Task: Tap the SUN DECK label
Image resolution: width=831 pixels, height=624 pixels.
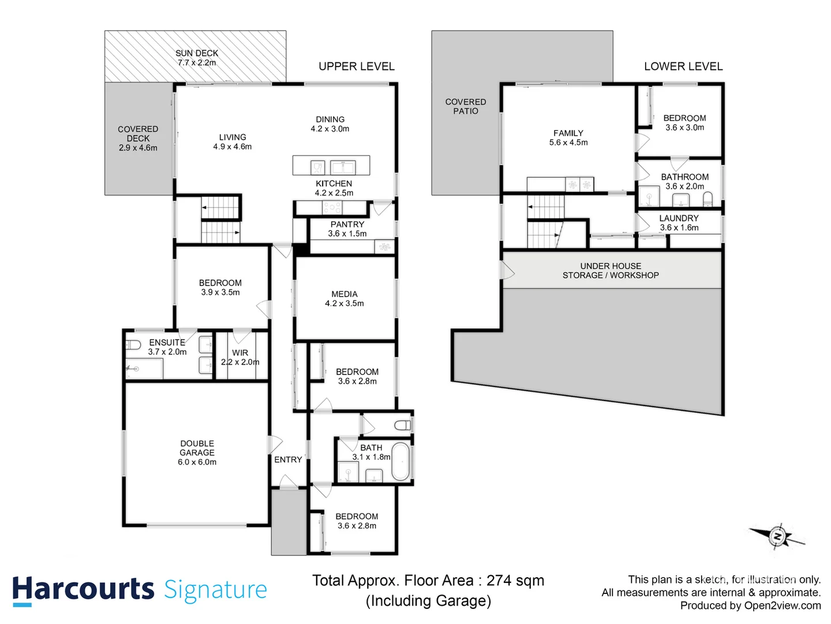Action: click(x=197, y=53)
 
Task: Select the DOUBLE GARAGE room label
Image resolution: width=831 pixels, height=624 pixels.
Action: click(x=197, y=448)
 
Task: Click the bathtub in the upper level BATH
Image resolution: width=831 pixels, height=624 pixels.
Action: click(x=400, y=462)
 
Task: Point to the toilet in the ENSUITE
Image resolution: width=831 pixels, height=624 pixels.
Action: click(x=133, y=345)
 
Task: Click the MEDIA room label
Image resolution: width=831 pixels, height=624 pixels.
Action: click(x=345, y=294)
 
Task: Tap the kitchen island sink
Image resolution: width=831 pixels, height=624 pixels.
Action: click(x=342, y=168)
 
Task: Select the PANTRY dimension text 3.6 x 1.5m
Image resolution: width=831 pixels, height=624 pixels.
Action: click(x=347, y=234)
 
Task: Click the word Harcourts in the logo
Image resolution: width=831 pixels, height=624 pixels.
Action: click(x=83, y=589)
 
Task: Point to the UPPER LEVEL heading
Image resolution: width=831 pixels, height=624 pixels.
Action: click(x=357, y=66)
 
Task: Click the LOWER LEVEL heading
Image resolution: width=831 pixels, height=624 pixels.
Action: click(x=683, y=66)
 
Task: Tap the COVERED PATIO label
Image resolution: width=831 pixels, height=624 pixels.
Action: click(x=466, y=106)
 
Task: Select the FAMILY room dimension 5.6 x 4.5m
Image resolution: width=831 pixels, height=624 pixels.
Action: click(x=568, y=143)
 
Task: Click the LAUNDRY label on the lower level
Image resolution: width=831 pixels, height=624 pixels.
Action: click(x=679, y=218)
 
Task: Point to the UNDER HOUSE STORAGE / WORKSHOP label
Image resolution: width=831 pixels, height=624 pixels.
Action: click(x=611, y=271)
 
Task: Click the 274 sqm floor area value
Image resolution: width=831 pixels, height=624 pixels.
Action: click(x=515, y=581)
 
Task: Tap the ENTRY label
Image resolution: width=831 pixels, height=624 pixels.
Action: click(x=288, y=460)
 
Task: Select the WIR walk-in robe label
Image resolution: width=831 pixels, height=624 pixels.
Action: click(x=240, y=353)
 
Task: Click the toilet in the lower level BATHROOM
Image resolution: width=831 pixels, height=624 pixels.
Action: click(x=708, y=199)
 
